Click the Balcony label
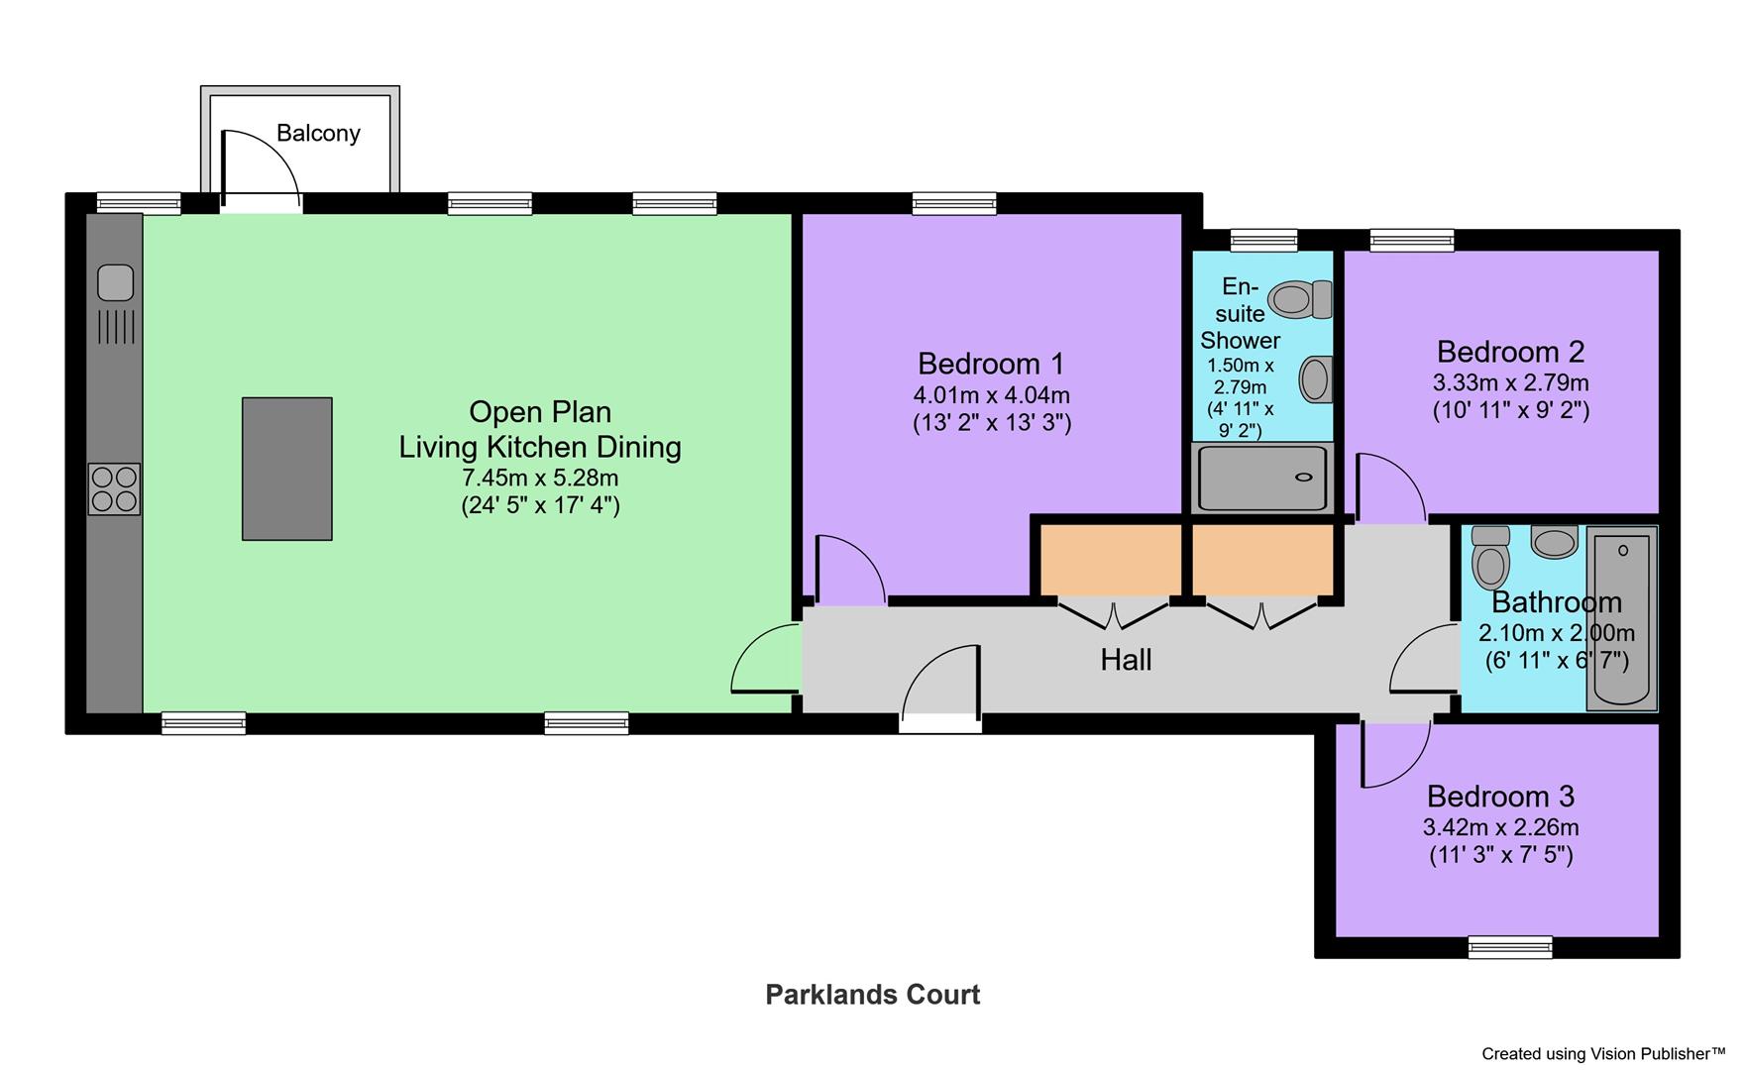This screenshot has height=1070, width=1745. (x=317, y=133)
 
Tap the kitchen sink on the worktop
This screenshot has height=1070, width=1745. (x=115, y=282)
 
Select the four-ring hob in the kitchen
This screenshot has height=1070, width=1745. (x=114, y=488)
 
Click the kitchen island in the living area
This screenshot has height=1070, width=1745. (x=286, y=469)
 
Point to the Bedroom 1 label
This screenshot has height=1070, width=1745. (x=990, y=364)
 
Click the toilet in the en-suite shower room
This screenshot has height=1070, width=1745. (x=1300, y=299)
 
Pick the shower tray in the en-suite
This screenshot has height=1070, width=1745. (x=1261, y=478)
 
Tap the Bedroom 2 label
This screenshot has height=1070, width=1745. (x=1510, y=352)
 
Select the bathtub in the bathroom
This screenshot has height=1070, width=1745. (x=1621, y=617)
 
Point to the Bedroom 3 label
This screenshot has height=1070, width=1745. (x=1500, y=796)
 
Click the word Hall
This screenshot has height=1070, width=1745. (x=1126, y=660)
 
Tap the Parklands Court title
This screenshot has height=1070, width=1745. (x=872, y=995)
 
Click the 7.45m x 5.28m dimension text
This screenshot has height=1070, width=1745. (x=540, y=478)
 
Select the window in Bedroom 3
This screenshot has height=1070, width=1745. (x=1510, y=947)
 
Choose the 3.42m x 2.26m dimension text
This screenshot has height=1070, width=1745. (x=1500, y=827)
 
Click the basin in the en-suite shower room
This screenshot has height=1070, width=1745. (x=1315, y=379)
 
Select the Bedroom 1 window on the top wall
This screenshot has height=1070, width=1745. (x=953, y=203)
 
